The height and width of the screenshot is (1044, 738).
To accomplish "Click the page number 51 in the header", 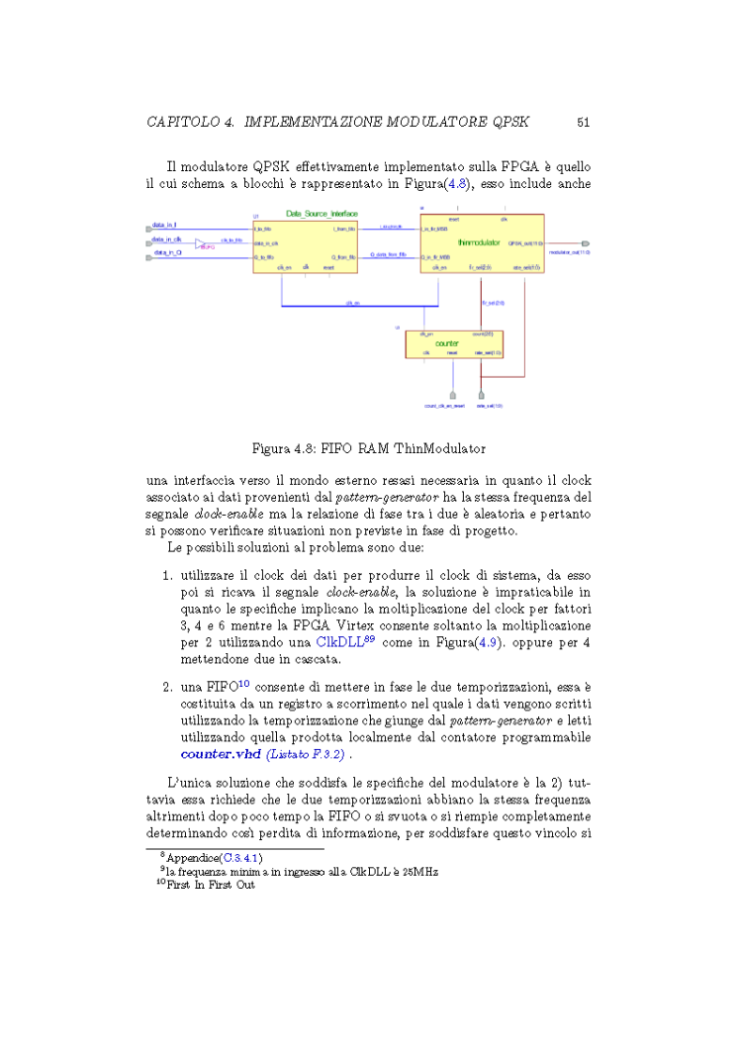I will coord(583,122).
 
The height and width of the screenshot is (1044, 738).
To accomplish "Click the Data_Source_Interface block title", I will coord(322,214).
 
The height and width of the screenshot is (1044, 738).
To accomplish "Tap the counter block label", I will coord(460,342).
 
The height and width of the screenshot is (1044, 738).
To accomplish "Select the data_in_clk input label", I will coord(167,239).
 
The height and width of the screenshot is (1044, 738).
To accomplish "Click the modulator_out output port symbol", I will coord(586,243).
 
